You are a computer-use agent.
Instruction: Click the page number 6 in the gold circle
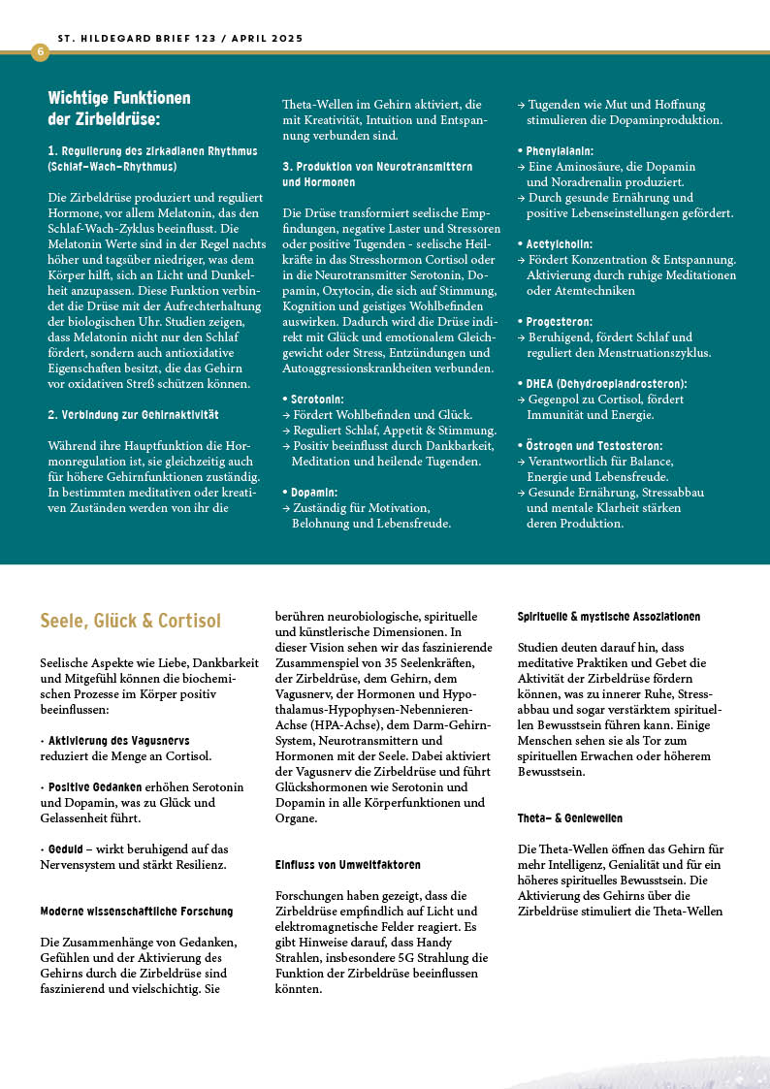coord(40,51)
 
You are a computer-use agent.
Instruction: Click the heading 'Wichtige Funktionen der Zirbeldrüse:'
coord(119,108)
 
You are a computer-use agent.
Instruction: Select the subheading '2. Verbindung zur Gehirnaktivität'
coord(133,415)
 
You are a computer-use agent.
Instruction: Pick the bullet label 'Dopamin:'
coord(314,493)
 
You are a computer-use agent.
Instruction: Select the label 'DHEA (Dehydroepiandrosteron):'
coord(606,383)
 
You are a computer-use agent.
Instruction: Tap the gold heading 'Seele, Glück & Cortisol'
coord(131,621)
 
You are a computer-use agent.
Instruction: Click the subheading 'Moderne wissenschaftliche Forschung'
coord(137,912)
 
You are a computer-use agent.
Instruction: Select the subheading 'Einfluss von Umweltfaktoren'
coord(348,864)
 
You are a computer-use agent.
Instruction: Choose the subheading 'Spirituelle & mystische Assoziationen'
coord(609,617)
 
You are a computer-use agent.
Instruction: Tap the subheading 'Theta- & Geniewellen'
coord(570,818)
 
